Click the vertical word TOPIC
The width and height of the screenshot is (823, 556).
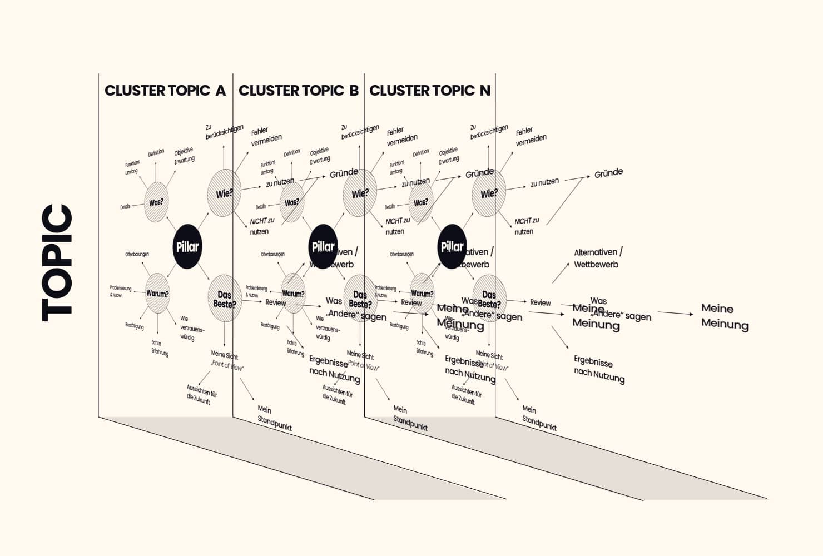58,263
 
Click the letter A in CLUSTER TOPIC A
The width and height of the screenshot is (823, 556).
221,91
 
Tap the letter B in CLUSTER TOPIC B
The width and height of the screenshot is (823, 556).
354,91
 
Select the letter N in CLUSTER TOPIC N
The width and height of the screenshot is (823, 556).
485,91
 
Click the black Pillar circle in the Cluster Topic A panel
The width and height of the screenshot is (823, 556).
187,247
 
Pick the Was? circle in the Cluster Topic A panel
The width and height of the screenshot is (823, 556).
156,202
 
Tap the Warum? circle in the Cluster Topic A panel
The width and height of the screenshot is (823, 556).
157,293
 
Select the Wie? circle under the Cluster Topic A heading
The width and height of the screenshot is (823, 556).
224,193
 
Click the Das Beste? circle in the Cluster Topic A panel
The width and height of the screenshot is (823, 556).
224,299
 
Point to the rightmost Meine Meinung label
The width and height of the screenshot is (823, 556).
725,316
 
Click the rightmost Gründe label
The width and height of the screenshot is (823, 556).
608,173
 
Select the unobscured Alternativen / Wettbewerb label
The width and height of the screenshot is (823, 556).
598,259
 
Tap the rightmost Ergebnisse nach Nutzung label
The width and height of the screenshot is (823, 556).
599,370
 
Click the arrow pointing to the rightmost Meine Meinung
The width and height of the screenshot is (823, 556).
676,314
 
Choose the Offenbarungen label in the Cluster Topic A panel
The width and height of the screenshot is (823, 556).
137,254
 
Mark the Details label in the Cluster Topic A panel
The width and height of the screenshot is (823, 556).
125,207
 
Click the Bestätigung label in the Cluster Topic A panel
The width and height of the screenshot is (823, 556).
134,326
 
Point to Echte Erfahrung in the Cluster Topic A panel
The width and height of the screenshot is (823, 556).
160,348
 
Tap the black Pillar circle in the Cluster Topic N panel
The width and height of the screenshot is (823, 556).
452,247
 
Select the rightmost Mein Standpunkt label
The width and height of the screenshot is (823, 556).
539,417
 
